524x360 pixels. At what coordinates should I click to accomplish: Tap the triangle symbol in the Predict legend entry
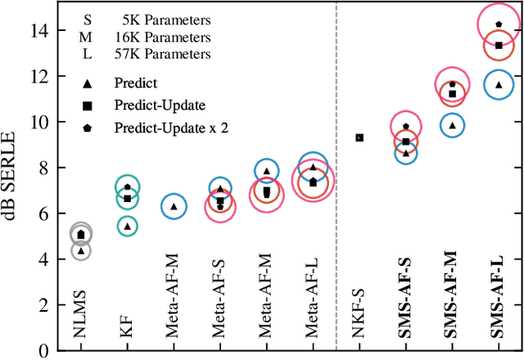coord(88,83)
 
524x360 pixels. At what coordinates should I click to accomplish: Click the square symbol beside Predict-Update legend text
coord(88,106)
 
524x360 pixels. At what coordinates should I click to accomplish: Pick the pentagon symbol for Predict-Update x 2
coord(88,128)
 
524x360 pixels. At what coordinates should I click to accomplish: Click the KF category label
coord(127,331)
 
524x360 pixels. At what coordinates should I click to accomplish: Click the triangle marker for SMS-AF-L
coord(499,85)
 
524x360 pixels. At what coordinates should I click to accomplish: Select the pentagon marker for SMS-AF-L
coord(499,25)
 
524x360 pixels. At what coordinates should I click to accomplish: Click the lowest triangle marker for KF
coord(127,227)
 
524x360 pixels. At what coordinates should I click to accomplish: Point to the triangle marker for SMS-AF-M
coord(452,125)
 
